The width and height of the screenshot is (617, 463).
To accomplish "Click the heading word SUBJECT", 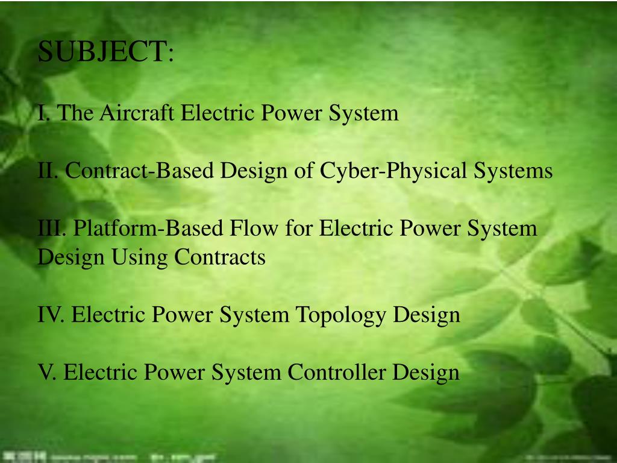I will pos(102,53).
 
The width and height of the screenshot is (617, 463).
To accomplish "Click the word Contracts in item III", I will pos(220,257).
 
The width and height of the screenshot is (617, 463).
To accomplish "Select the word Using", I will pos(141,257).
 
